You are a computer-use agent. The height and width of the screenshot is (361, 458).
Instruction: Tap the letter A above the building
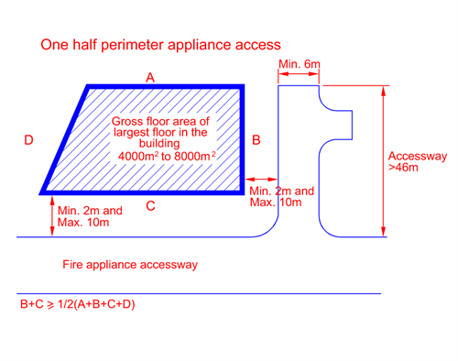(x=151, y=78)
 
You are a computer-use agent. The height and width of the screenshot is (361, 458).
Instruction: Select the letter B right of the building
(x=256, y=140)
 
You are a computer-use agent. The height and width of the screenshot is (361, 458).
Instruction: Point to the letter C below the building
(x=150, y=206)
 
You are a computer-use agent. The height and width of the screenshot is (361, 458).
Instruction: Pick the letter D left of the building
(x=29, y=140)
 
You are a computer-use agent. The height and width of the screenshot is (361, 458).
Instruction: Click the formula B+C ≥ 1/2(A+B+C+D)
(x=78, y=303)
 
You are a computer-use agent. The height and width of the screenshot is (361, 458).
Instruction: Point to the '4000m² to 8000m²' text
(x=167, y=157)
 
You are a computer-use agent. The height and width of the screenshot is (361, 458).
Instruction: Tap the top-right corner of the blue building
(x=244, y=87)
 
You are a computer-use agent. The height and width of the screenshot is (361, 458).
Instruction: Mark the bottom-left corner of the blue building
(x=42, y=193)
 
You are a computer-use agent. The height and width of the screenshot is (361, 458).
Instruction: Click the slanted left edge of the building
(x=65, y=140)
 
